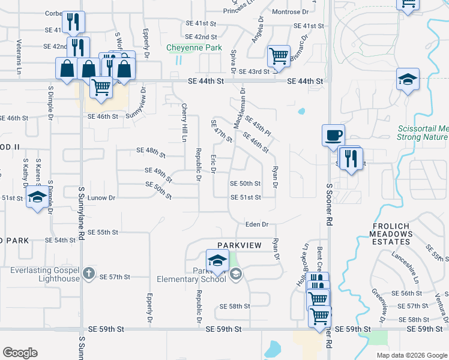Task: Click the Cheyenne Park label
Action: [194, 48]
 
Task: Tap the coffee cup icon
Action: [333, 135]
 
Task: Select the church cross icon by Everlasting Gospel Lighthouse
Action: [88, 274]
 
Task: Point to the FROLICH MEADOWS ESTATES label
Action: [385, 234]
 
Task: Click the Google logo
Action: [20, 353]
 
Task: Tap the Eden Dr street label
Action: [256, 224]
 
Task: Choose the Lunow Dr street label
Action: [101, 197]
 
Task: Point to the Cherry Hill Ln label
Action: [184, 122]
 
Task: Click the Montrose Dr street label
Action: [290, 12]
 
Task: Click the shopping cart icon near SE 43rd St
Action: [278, 57]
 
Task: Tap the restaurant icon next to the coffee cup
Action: [351, 158]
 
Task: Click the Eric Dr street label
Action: [213, 163]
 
